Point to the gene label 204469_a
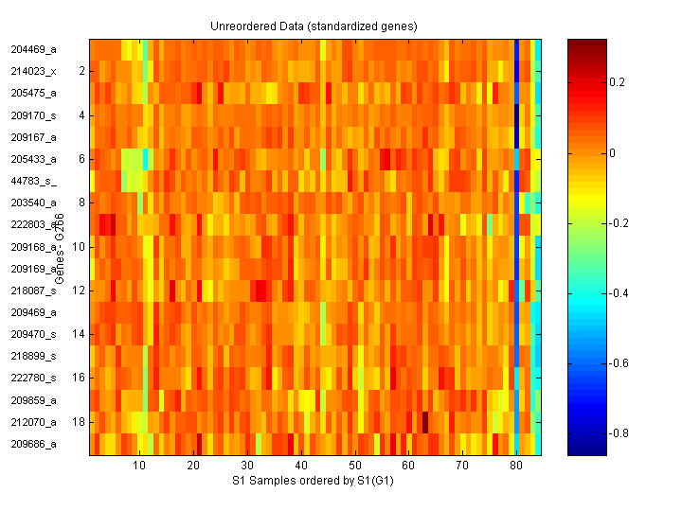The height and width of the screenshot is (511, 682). (34, 48)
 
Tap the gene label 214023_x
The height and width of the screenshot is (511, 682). (34, 70)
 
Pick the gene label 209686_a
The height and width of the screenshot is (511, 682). (34, 444)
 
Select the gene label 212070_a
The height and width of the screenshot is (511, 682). (34, 422)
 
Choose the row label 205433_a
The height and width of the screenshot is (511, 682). (34, 158)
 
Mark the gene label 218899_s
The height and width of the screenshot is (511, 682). (34, 356)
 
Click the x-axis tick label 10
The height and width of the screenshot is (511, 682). (139, 467)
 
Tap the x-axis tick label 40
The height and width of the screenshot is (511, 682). (300, 467)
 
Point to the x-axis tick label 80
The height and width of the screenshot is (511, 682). (516, 467)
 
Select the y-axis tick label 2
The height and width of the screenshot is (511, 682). (81, 70)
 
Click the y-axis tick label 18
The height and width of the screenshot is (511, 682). (79, 422)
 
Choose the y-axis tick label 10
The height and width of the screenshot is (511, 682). (79, 246)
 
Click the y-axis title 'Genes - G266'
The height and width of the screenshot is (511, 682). (59, 251)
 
